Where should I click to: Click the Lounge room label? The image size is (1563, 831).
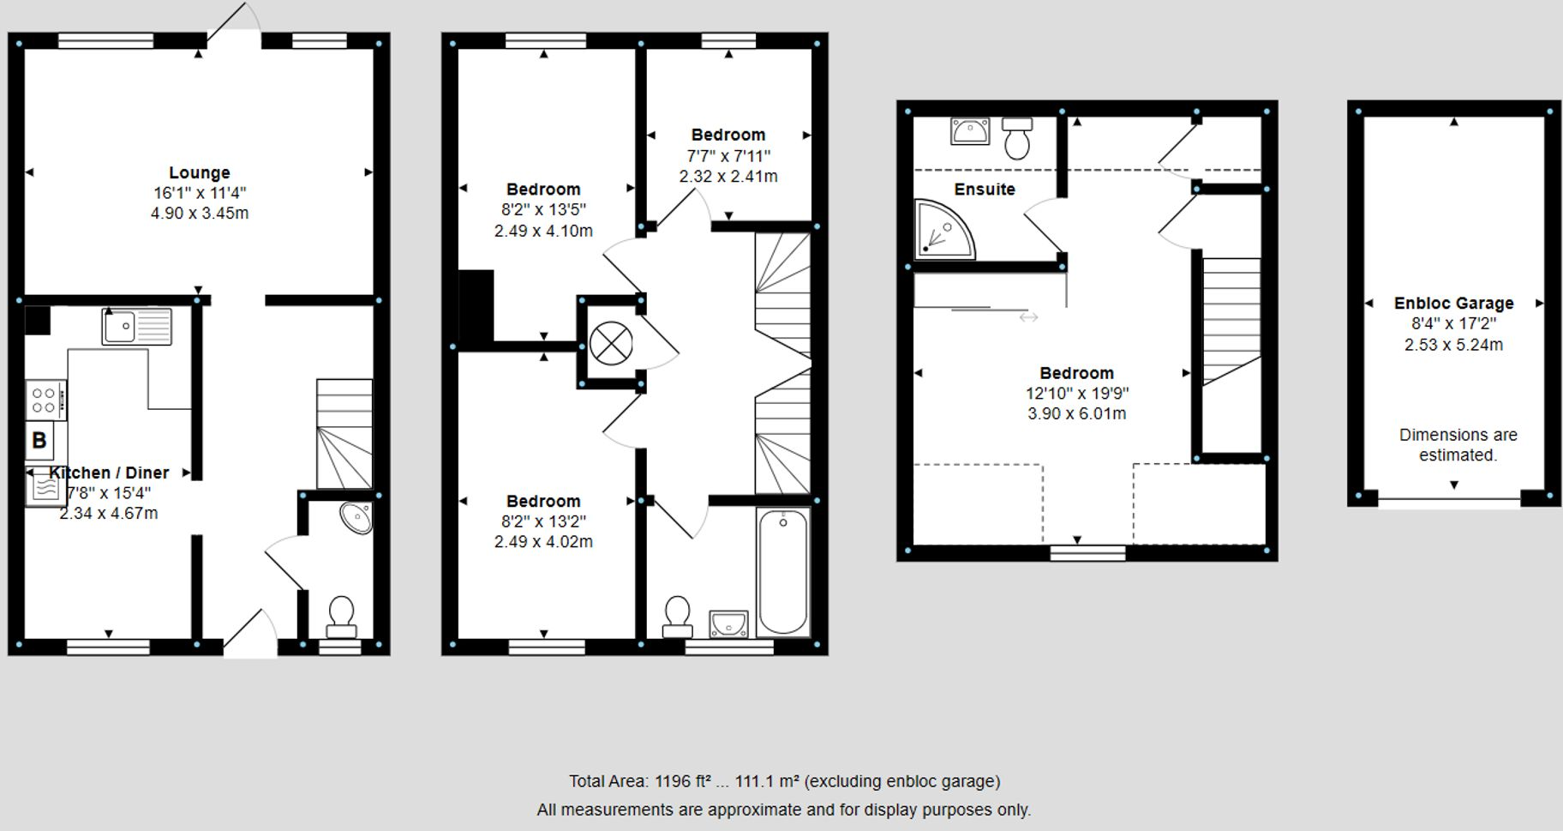[x=199, y=172]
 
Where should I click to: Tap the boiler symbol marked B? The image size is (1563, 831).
[x=39, y=441]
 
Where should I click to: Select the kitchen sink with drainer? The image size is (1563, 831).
[x=136, y=327]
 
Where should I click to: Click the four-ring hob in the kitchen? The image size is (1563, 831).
[x=45, y=400]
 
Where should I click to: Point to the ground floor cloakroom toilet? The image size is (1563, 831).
[x=341, y=617]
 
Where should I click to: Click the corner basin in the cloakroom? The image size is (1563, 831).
[x=356, y=517]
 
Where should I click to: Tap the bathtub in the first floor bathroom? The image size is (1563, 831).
[x=782, y=570]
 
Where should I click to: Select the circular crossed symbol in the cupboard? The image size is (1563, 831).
[x=611, y=342]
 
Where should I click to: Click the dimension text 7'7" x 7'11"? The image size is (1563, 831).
[x=728, y=156]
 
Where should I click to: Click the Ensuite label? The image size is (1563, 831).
[x=985, y=190]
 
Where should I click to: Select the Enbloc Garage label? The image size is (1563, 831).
[x=1453, y=303]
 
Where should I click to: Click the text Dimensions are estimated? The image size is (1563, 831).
[x=1458, y=445]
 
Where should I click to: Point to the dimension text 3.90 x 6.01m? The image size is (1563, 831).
[x=1076, y=413]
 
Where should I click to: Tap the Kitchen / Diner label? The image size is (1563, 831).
[x=109, y=473]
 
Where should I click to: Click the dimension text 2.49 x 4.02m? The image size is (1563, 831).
[x=543, y=542]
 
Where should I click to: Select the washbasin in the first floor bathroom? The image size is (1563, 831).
[x=728, y=623]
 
